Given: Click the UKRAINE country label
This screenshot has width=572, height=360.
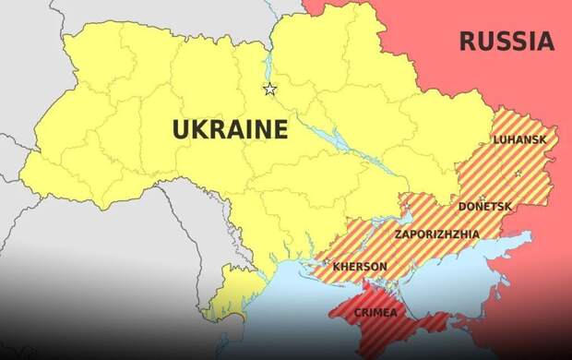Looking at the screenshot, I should [x=230, y=129].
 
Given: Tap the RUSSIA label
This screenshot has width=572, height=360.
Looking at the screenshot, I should [x=506, y=41].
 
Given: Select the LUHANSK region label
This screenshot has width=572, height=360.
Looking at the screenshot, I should [x=519, y=139].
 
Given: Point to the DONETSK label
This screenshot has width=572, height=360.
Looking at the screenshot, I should [x=484, y=206].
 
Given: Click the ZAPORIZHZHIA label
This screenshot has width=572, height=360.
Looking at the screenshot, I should [x=436, y=234].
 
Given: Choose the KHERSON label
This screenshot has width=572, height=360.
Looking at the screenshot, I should [x=360, y=266].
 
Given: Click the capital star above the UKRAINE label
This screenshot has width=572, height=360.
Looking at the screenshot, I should [x=269, y=90].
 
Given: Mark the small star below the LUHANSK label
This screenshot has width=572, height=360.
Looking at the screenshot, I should [x=518, y=173].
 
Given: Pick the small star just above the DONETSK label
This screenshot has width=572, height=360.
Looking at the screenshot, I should [x=482, y=196].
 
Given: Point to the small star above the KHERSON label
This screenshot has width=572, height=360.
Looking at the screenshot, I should [x=326, y=261].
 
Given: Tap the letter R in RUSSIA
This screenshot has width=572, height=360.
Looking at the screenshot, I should [x=468, y=41].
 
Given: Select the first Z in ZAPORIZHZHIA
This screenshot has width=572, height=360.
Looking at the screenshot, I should [x=398, y=234].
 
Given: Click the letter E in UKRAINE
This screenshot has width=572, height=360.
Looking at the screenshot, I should [x=278, y=129].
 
